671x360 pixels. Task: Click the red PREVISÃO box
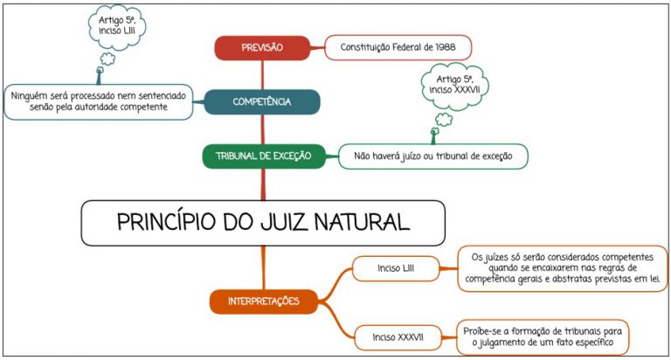click(x=262, y=47)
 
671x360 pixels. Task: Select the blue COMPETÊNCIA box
click(x=262, y=102)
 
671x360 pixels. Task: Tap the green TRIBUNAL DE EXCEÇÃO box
click(x=264, y=156)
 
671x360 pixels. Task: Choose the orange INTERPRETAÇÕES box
click(x=264, y=301)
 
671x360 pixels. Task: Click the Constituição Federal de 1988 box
click(x=398, y=47)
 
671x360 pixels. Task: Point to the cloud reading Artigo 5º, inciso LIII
click(x=117, y=26)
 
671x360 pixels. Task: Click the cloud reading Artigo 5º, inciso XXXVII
click(x=454, y=85)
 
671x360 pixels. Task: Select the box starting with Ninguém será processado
click(x=99, y=102)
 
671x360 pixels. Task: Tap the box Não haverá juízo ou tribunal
click(x=433, y=156)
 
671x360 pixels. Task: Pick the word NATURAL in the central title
click(x=362, y=223)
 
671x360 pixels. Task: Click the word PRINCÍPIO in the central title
click(x=167, y=223)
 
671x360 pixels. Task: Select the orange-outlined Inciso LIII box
click(x=396, y=268)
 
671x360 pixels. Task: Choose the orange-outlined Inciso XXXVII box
click(x=398, y=337)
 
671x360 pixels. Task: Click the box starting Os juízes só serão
click(x=563, y=268)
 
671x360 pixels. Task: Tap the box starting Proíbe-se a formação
click(x=543, y=337)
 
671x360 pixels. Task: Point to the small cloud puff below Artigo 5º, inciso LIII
click(x=107, y=59)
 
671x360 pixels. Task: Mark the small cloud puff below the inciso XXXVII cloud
click(x=444, y=120)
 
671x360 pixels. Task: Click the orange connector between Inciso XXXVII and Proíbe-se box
click(x=449, y=337)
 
